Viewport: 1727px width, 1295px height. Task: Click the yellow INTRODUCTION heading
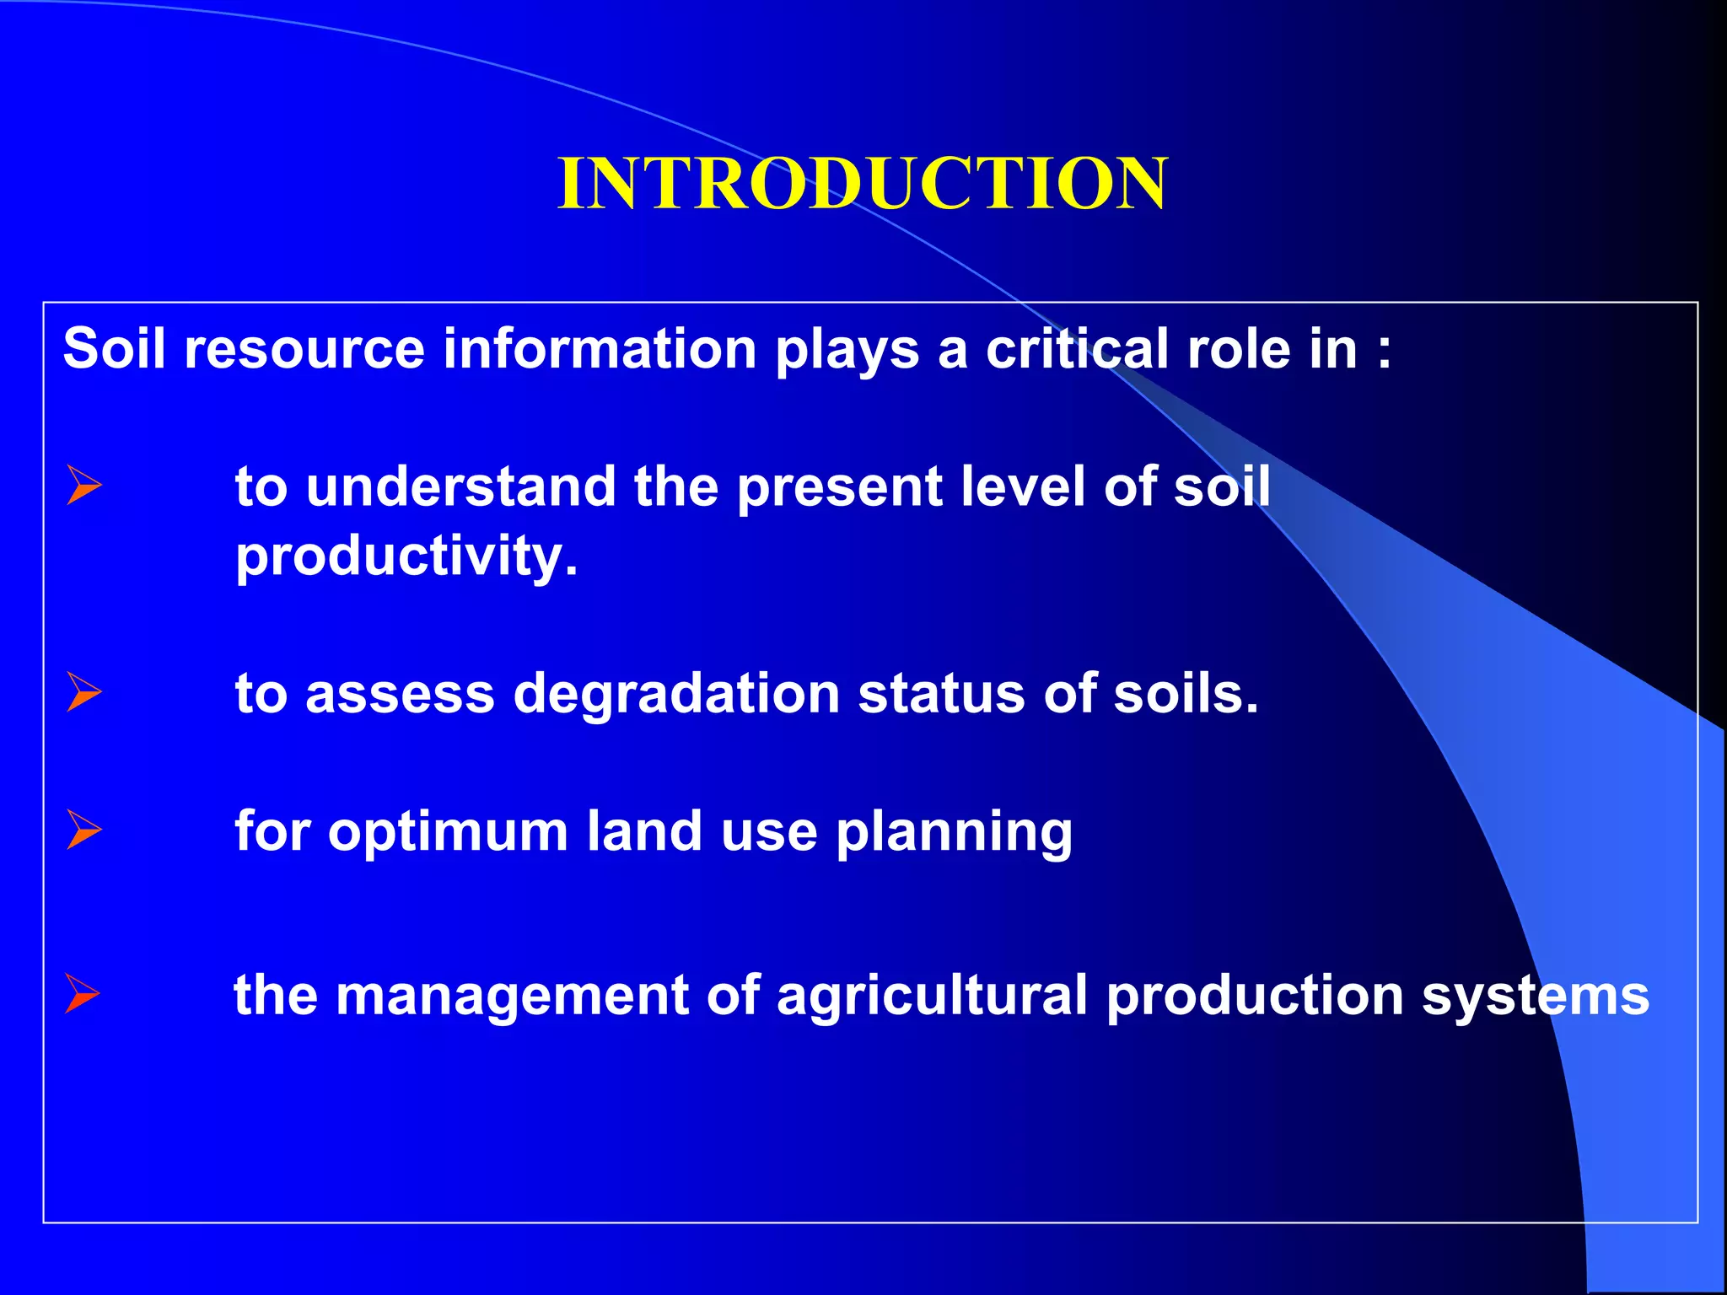(862, 184)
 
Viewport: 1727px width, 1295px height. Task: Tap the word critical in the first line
(1077, 348)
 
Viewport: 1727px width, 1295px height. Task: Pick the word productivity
(406, 556)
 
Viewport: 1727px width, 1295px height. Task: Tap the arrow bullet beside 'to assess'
(83, 692)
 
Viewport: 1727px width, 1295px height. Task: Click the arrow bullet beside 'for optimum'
(83, 830)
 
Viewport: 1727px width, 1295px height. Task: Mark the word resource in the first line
(304, 348)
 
